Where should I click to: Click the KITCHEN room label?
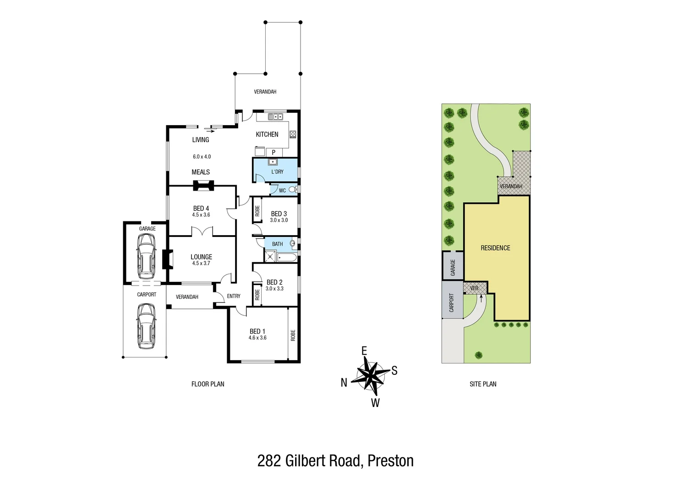[x=267, y=134]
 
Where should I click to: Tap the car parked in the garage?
[x=146, y=256]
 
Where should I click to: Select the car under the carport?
[x=146, y=326]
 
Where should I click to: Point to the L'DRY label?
[x=277, y=172]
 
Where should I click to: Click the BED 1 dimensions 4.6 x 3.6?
[x=257, y=338]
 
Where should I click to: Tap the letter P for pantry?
[x=273, y=152]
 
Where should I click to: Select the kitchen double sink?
[x=275, y=117]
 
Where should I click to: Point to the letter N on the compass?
[x=344, y=383]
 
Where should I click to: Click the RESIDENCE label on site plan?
[x=495, y=248]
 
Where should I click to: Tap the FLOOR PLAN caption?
[x=208, y=384]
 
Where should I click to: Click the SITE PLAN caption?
[x=483, y=384]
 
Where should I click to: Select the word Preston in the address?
[x=391, y=461]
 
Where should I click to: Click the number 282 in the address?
[x=269, y=461]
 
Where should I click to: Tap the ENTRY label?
[x=234, y=296]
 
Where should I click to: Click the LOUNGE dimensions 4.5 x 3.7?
[x=201, y=263]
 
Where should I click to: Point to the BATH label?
[x=277, y=244]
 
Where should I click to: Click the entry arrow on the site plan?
[x=481, y=298]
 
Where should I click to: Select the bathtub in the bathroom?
[x=288, y=257]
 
